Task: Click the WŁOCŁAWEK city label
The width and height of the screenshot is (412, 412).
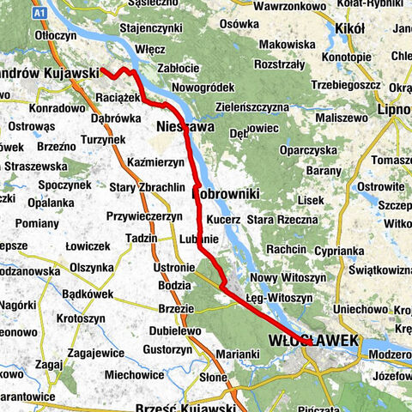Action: [x=315, y=341]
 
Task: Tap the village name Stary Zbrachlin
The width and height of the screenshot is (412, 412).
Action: [x=148, y=187]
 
